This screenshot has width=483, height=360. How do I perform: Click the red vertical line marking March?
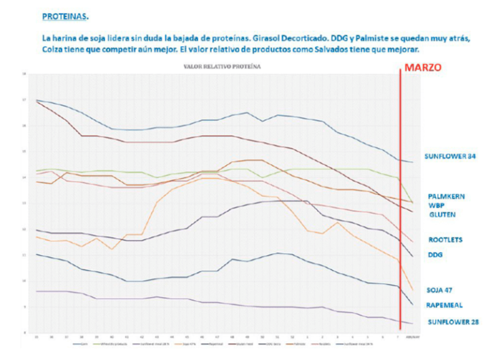(x=401, y=201)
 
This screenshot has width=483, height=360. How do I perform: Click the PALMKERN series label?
(x=447, y=196)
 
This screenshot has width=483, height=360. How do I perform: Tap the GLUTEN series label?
(x=443, y=215)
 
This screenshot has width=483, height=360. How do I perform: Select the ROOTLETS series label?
(x=446, y=240)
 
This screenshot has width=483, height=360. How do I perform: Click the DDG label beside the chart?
(x=435, y=255)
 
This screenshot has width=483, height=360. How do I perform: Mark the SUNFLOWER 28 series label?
(x=453, y=322)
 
